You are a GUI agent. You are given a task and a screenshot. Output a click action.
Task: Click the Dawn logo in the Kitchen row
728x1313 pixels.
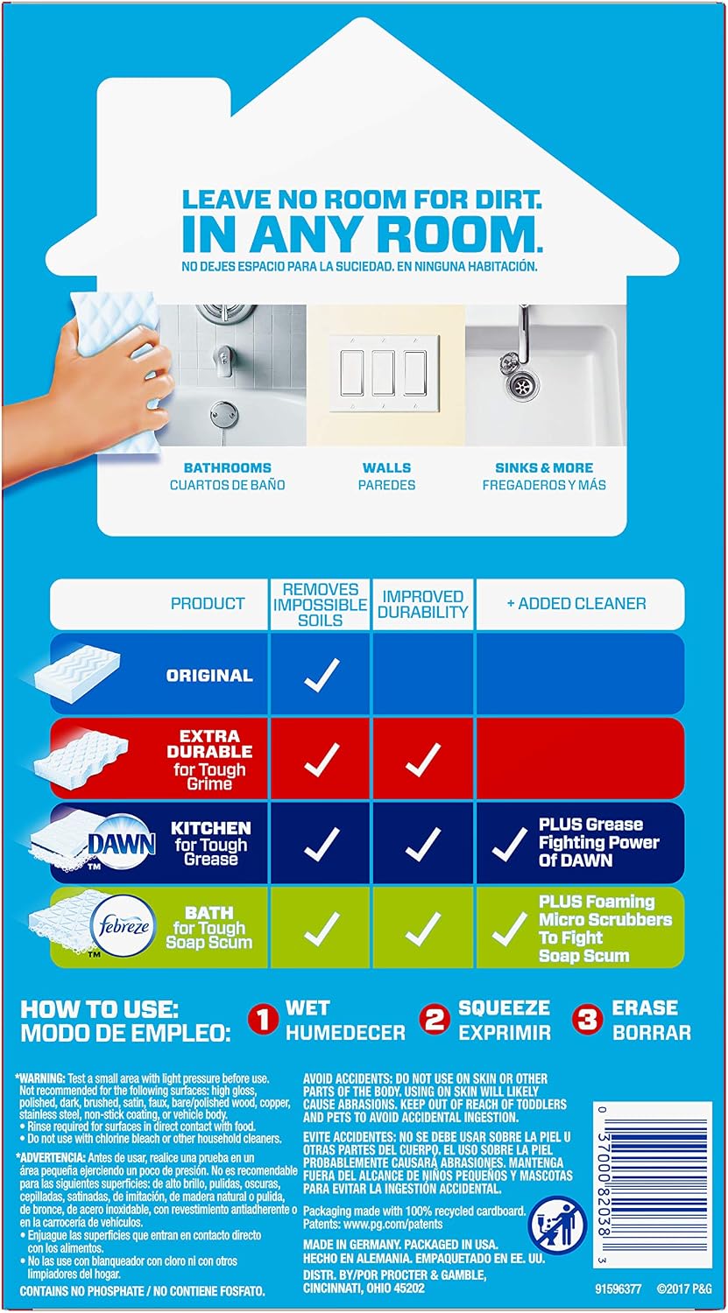(x=122, y=844)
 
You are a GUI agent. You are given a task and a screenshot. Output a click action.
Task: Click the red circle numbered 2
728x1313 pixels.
(x=435, y=1021)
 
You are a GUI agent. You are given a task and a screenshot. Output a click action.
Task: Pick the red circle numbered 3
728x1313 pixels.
(x=587, y=1021)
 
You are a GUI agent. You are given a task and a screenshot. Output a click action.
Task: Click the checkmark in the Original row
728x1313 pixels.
(x=322, y=674)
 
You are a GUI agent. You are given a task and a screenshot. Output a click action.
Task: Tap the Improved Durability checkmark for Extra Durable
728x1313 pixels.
(x=422, y=759)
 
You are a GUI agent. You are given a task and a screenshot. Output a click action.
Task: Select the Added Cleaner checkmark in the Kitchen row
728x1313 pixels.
(x=509, y=844)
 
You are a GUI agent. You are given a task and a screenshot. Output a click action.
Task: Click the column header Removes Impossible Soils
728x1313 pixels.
(x=321, y=604)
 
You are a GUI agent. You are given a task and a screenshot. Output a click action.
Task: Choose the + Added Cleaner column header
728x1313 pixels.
(x=576, y=604)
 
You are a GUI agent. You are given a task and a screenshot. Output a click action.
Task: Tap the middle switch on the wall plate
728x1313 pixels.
(x=383, y=372)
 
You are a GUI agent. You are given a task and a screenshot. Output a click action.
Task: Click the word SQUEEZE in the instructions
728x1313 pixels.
(x=504, y=1008)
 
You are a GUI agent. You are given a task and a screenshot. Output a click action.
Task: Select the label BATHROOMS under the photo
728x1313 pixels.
(x=228, y=467)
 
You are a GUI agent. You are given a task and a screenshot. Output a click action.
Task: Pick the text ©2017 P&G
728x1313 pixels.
(x=684, y=1289)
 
